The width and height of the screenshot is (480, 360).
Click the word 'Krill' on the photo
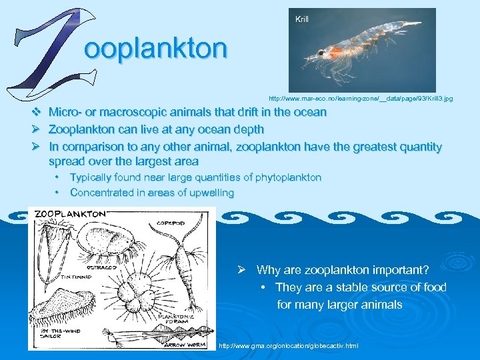302,19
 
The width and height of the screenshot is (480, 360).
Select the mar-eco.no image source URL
361,99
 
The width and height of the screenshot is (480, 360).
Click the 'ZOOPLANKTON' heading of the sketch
69,215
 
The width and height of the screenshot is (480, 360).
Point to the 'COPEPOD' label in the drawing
172,223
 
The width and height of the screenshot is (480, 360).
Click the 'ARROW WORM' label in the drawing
178,345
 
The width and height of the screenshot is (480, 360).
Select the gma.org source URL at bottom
289,345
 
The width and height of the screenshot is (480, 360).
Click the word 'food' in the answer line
434,287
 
